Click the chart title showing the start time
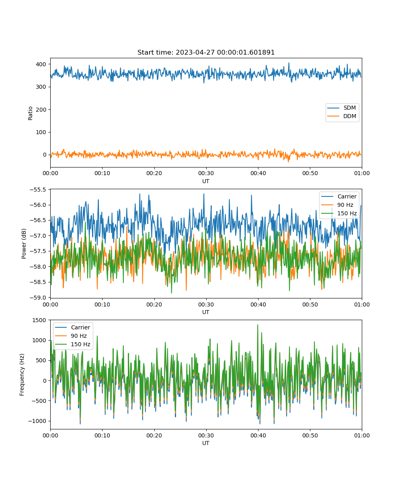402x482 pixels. (x=206, y=52)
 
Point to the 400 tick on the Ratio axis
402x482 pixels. (x=41, y=64)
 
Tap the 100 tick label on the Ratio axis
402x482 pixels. (x=41, y=132)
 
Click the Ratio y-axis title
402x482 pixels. (x=30, y=113)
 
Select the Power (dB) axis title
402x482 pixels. (x=24, y=243)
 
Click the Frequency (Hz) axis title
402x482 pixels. (x=22, y=375)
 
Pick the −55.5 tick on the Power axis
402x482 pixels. (x=38, y=190)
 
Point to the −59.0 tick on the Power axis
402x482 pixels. (x=38, y=298)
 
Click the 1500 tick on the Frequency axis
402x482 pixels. (x=39, y=320)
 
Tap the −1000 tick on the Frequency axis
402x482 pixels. (x=37, y=421)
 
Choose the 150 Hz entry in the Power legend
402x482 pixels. (x=339, y=213)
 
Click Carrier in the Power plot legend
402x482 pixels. (x=339, y=196)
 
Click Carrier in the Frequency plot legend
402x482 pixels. (x=72, y=327)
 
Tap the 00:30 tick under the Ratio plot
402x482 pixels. (x=206, y=174)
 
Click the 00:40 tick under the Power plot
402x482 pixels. (x=258, y=304)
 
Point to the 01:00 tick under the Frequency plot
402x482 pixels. (x=362, y=435)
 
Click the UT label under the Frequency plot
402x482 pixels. (x=206, y=443)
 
